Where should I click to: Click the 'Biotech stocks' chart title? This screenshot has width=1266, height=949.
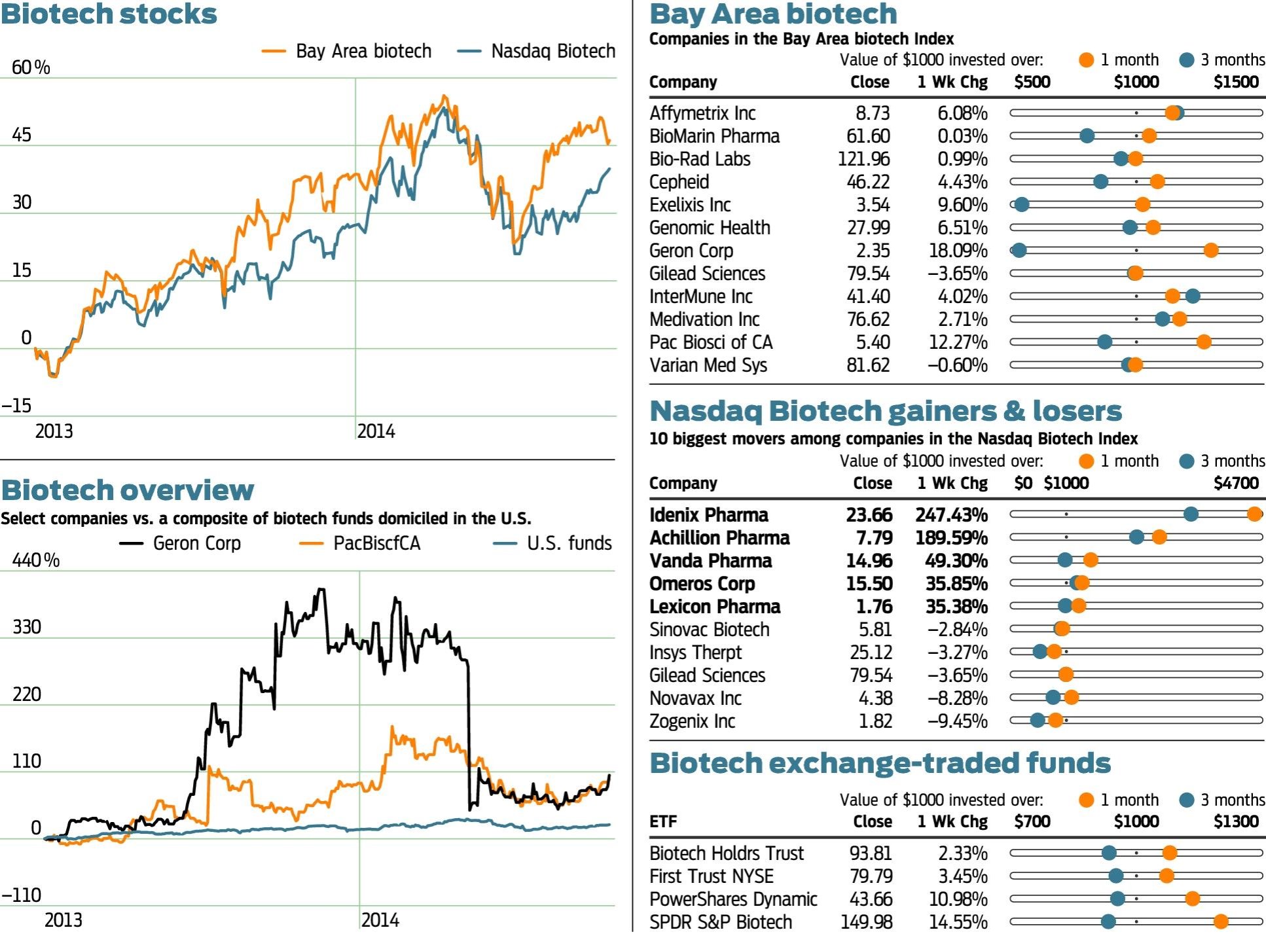(109, 14)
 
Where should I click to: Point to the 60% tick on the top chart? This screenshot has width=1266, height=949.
(31, 67)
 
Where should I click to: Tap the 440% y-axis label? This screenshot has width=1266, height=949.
(35, 560)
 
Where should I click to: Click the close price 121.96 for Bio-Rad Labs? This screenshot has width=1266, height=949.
(863, 159)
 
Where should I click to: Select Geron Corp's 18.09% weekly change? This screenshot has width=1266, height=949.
(958, 251)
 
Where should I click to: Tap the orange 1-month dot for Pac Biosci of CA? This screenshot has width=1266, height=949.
(1203, 342)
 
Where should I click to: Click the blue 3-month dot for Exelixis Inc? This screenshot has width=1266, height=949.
(1022, 205)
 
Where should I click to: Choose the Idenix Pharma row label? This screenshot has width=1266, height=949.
(708, 515)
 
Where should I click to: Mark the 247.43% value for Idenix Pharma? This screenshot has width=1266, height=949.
(951, 515)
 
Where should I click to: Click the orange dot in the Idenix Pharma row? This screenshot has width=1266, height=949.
(1254, 514)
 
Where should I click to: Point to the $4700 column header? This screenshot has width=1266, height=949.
(1236, 484)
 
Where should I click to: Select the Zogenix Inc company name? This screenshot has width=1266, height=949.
(692, 721)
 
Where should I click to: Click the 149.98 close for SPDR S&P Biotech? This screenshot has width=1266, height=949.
(866, 922)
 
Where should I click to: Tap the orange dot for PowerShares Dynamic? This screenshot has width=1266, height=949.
(1192, 899)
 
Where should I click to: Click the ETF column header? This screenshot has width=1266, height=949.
(663, 821)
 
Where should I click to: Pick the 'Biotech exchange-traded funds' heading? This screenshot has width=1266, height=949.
(880, 764)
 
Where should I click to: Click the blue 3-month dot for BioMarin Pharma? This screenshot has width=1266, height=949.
(1087, 136)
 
